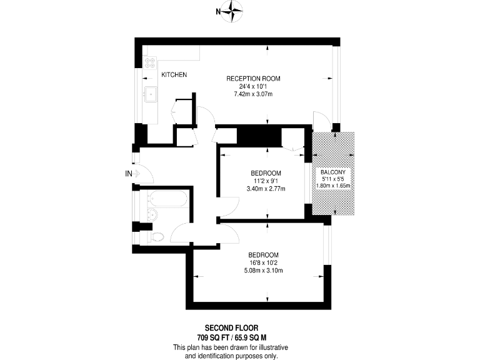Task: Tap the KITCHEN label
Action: click(x=174, y=75)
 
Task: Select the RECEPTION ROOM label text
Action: click(x=253, y=79)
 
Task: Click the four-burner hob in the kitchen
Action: click(x=150, y=62)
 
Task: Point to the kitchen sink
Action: click(x=151, y=96)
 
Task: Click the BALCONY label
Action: click(x=334, y=172)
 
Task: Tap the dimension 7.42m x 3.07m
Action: click(x=253, y=94)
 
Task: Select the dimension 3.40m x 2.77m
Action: click(x=266, y=189)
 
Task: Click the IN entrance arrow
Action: click(x=132, y=174)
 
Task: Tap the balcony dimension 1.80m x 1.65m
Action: click(x=334, y=186)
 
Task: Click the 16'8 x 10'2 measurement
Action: click(x=264, y=263)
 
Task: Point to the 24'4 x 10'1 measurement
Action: click(x=253, y=87)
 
